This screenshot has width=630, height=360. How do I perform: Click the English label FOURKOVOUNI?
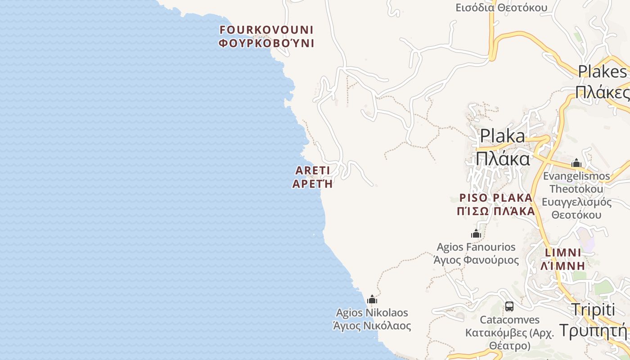point(266,30)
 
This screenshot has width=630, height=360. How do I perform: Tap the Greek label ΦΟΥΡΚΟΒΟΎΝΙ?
point(266,44)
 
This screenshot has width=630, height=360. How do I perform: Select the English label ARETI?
point(313,171)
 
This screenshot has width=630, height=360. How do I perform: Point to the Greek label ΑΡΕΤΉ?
point(313,184)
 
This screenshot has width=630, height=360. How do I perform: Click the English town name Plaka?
point(502,136)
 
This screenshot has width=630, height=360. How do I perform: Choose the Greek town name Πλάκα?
point(503,159)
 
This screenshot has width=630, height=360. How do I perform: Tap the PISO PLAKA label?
point(495,198)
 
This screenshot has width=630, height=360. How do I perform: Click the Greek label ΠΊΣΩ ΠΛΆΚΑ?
point(496,211)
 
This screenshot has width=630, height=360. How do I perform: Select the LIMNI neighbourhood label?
point(563,252)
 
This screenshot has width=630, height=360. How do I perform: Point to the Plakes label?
point(602,71)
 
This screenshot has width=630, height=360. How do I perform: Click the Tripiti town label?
point(593,310)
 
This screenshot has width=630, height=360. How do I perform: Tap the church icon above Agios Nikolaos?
point(372,300)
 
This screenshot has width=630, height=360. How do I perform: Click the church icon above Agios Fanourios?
point(476,234)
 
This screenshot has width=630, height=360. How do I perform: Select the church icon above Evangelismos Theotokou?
point(576,163)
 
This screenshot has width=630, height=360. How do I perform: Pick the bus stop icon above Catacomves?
point(509,306)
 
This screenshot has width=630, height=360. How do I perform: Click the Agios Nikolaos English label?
point(372,313)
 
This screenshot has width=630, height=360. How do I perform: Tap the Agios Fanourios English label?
point(476,247)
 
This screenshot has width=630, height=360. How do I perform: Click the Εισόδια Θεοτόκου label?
point(501,8)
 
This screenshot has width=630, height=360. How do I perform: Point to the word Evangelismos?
point(576,176)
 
